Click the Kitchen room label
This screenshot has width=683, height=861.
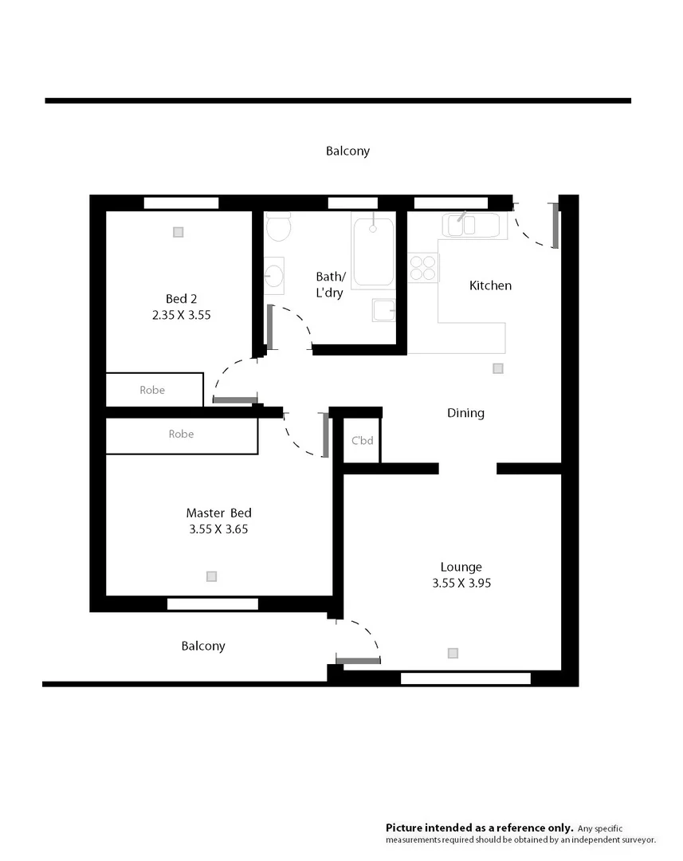coord(490,285)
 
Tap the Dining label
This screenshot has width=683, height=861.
coord(465,413)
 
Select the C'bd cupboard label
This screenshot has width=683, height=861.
coord(363,440)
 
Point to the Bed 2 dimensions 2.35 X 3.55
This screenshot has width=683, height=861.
coord(182,315)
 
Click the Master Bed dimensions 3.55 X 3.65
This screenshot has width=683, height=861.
coord(218,529)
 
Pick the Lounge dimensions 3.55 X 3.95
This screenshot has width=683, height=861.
coord(461,583)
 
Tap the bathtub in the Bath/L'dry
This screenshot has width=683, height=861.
coord(373,252)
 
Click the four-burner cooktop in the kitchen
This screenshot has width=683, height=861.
coord(424,267)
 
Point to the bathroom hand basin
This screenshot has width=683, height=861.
coord(274,276)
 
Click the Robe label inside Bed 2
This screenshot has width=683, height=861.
coord(152,390)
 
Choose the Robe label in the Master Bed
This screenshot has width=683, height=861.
coord(181,434)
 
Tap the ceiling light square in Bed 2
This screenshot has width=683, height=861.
coord(179,232)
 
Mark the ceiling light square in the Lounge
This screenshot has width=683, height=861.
coord(453,653)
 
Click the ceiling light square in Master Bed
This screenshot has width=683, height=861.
coord(211,576)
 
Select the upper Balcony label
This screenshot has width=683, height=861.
coord(347,151)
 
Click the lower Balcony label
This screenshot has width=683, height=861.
coord(203,646)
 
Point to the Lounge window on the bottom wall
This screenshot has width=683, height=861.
coord(465,678)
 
